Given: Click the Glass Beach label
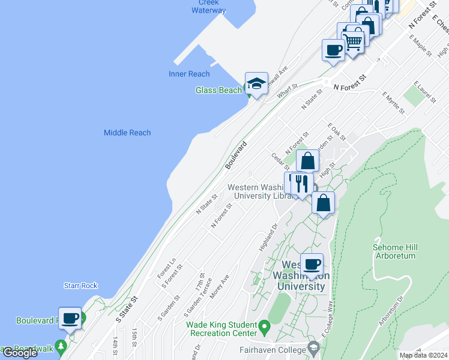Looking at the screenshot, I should point(218,90).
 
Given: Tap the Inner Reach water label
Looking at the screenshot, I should point(189,74).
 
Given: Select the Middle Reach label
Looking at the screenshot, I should point(127,133).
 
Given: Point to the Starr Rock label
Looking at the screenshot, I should point(80,286).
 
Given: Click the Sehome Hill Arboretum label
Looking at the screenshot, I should point(395,251).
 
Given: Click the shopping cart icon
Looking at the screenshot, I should point(352,40).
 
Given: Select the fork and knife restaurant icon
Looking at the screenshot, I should point(302,183).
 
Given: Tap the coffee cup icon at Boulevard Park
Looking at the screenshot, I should point(70,319).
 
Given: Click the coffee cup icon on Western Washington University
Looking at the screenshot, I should point(312,265).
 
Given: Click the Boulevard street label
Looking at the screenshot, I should point(237,154).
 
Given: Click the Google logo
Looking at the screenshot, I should point(20,353).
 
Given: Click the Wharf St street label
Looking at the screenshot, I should point(287,92).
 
